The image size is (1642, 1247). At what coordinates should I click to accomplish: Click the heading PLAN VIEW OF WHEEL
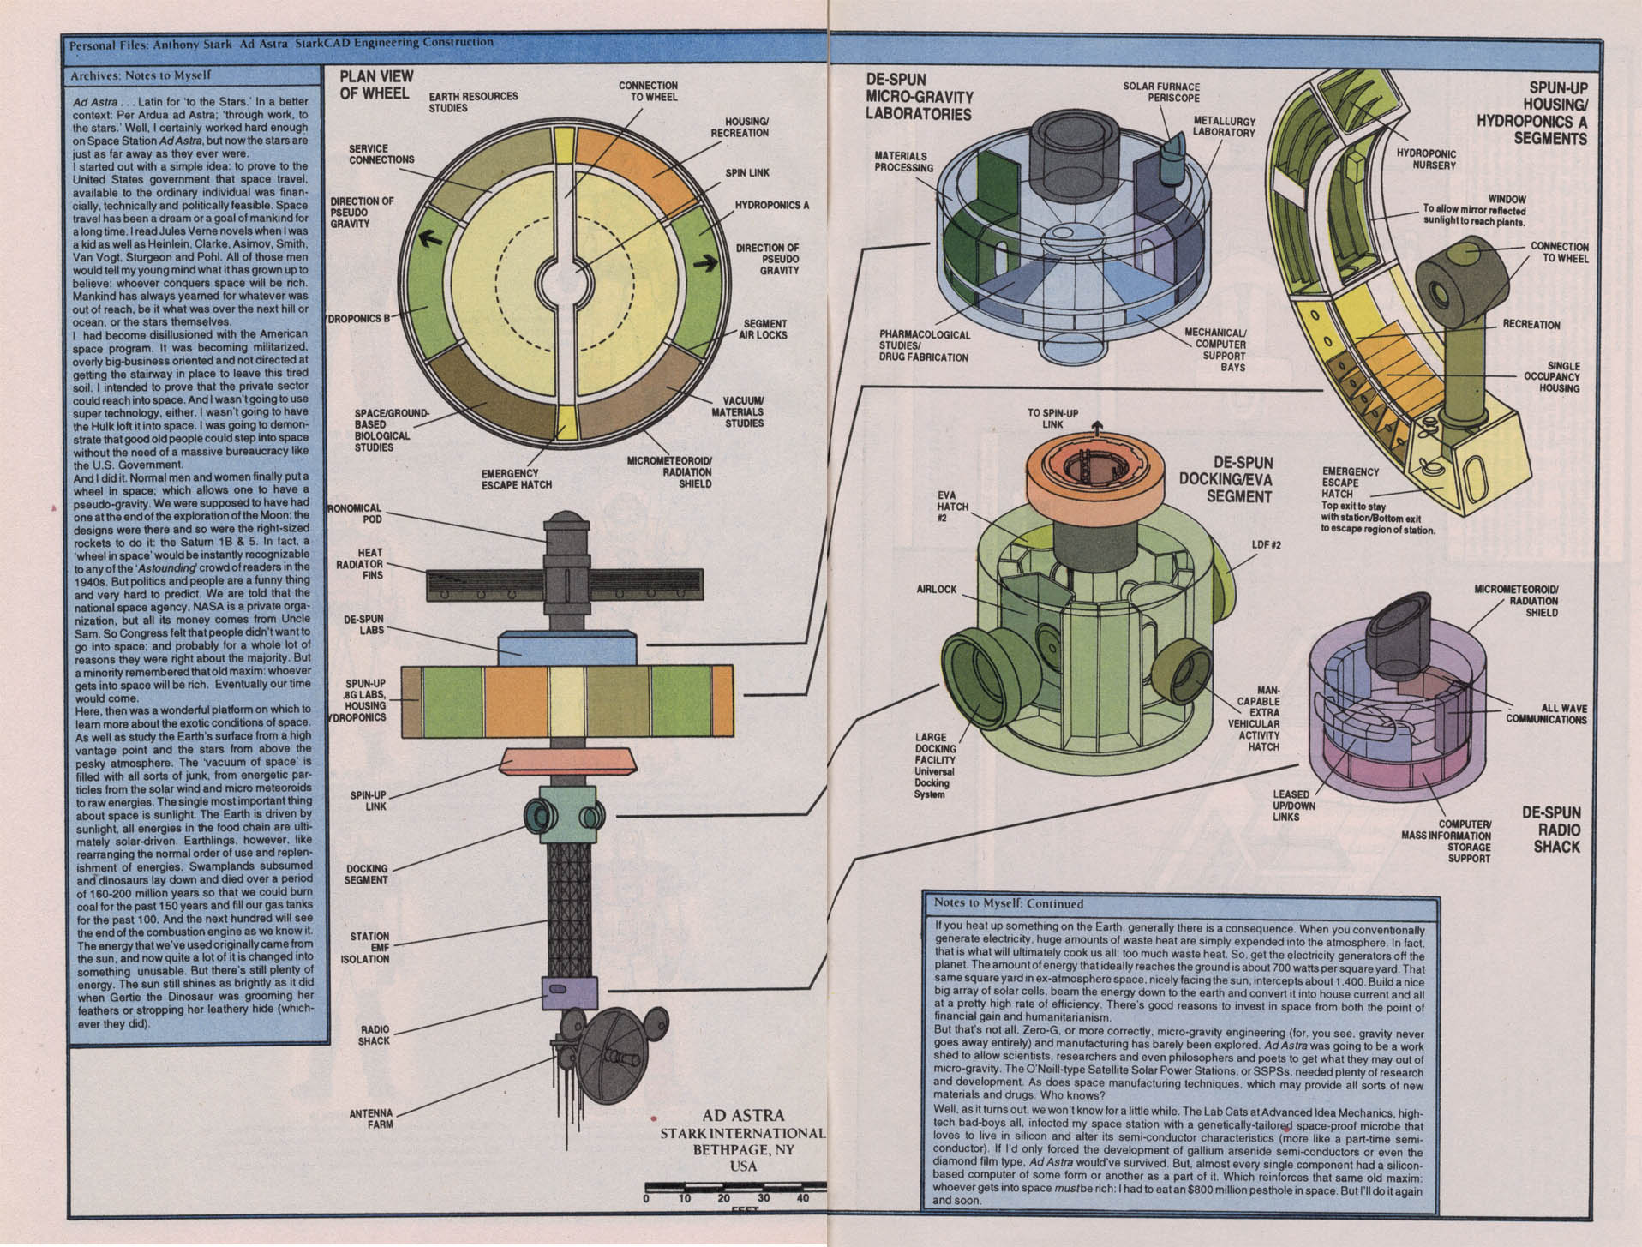(x=376, y=84)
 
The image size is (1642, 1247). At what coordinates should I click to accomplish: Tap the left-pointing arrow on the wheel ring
(x=431, y=238)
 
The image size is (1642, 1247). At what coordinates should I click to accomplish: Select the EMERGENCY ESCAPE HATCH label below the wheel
(x=516, y=479)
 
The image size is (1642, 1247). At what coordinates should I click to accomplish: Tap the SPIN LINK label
(x=746, y=173)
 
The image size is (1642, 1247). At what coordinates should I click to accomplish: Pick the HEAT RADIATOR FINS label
(x=370, y=564)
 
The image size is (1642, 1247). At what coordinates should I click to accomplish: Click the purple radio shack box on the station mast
(x=569, y=992)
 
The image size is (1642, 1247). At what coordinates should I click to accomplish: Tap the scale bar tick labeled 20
(x=724, y=1198)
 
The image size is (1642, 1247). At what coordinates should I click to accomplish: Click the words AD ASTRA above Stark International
(x=743, y=1115)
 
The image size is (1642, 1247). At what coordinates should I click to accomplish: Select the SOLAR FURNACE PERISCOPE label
(x=1160, y=92)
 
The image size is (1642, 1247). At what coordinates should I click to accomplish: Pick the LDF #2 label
(x=1266, y=545)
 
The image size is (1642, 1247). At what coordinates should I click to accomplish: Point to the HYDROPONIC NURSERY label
(x=1426, y=159)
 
